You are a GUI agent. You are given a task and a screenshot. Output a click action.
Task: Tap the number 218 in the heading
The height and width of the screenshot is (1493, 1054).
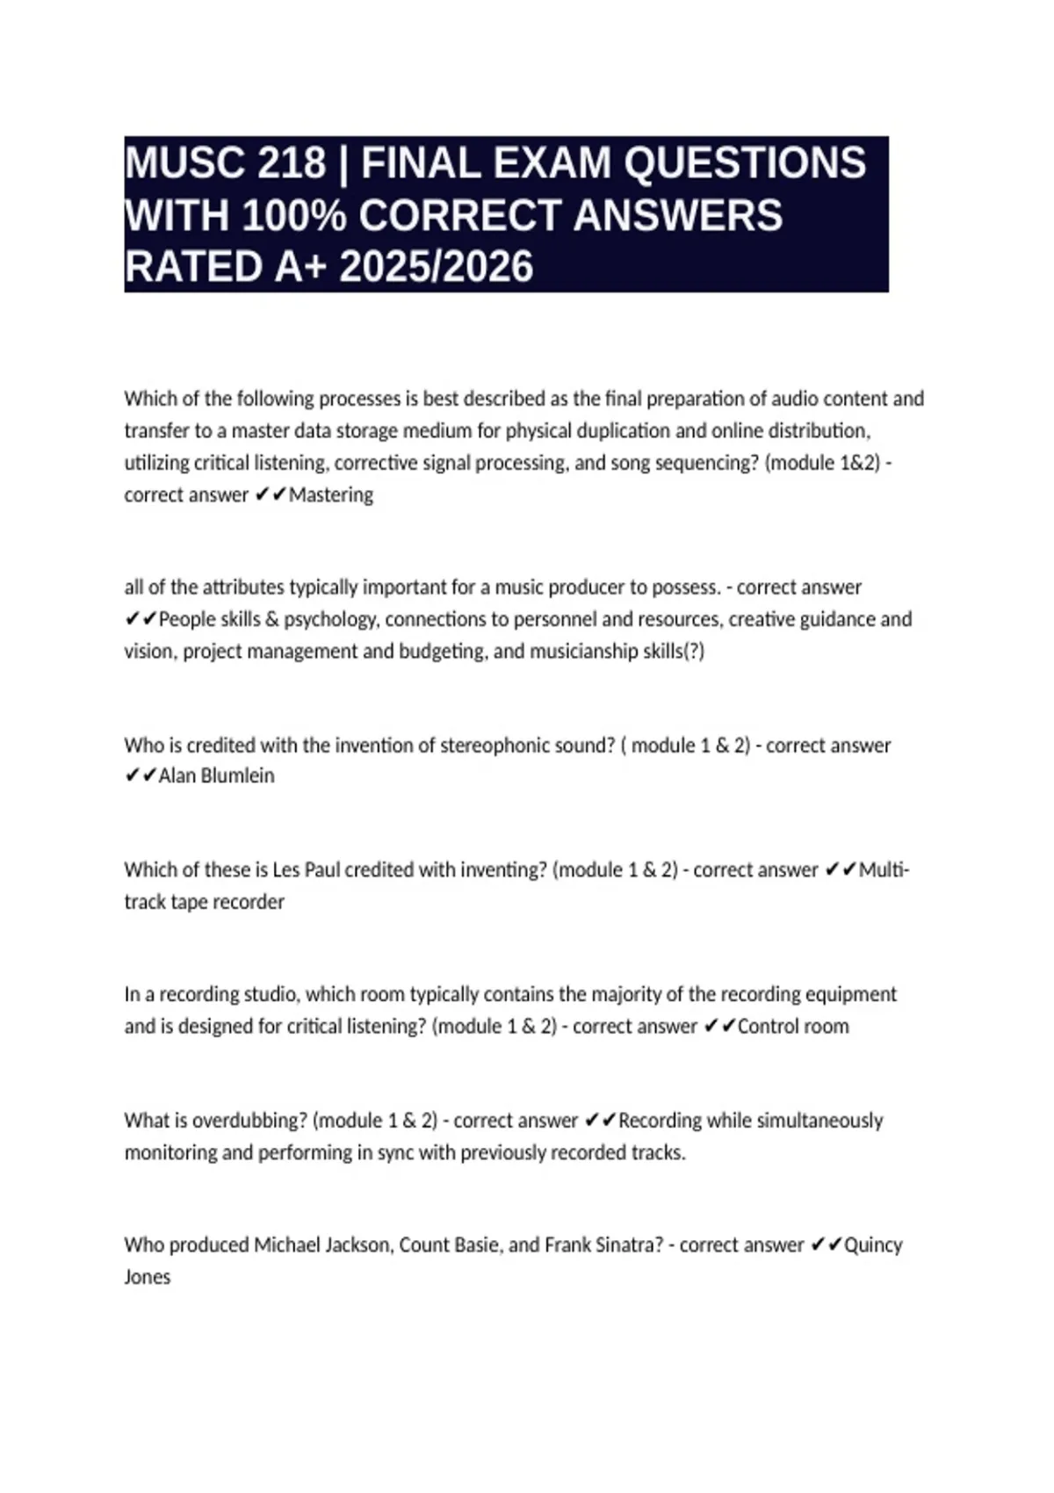292,163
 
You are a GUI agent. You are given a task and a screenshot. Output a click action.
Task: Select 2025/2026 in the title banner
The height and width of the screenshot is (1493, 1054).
436,267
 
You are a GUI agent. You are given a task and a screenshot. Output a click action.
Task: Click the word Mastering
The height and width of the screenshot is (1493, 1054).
331,495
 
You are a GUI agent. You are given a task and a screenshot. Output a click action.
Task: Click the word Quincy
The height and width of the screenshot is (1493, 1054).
873,1245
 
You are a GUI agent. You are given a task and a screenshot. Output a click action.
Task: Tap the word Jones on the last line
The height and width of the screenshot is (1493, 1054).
148,1277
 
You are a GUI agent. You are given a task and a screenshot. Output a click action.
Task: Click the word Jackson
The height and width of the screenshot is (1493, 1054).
357,1245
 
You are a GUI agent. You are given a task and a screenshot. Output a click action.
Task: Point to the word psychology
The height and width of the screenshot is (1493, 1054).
332,620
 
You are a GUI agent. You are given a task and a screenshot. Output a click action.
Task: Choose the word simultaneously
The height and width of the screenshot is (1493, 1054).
819,1121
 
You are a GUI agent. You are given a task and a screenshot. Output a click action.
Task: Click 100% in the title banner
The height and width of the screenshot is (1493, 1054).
294,216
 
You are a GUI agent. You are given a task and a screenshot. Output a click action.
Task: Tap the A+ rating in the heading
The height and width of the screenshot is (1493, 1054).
301,267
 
